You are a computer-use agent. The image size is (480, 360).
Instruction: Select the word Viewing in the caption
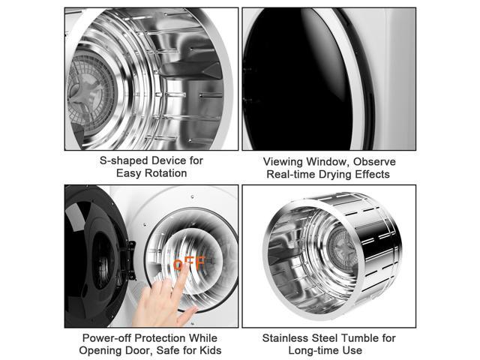283,162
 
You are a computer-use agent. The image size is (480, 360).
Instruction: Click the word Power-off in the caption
106,338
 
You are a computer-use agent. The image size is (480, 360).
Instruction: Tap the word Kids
210,350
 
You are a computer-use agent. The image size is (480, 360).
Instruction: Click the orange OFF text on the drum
190,263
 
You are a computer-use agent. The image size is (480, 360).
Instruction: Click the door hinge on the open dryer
131,260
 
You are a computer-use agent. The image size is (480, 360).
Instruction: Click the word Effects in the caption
372,175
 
